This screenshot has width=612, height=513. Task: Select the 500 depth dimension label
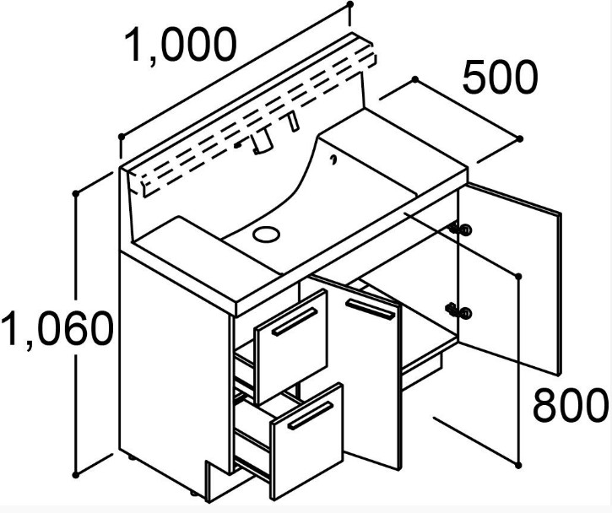pyautogui.click(x=499, y=78)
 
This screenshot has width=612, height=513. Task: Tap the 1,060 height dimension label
pyautogui.click(x=56, y=329)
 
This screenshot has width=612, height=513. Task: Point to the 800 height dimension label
pyautogui.click(x=569, y=406)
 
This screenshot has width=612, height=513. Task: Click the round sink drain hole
pyautogui.click(x=268, y=233)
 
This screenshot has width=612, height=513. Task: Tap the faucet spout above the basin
pyautogui.click(x=261, y=143)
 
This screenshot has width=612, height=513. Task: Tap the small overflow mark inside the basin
pyautogui.click(x=335, y=158)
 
